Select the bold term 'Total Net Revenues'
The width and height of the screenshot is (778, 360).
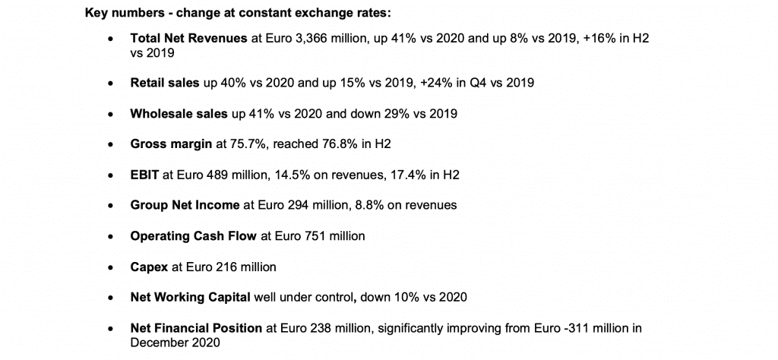pyautogui.click(x=188, y=38)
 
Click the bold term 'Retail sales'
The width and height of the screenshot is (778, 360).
pyautogui.click(x=165, y=82)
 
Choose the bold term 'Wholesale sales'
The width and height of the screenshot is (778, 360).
pyautogui.click(x=179, y=113)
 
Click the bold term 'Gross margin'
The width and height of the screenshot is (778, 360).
pyautogui.click(x=171, y=144)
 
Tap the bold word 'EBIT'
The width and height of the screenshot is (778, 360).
pyautogui.click(x=144, y=175)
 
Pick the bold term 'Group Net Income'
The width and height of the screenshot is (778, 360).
pyautogui.click(x=185, y=205)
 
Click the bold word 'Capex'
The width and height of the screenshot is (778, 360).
pyautogui.click(x=150, y=267)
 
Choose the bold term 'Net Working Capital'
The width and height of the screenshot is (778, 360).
pyautogui.click(x=190, y=298)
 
